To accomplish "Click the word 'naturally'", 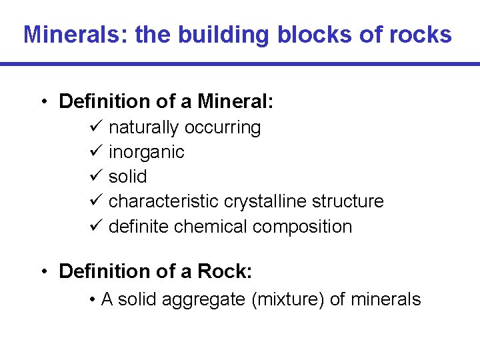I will (x=143, y=127).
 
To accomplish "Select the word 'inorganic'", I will (x=146, y=152).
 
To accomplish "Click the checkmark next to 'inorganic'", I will (x=94, y=152).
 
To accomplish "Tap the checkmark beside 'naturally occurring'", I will (x=94, y=127).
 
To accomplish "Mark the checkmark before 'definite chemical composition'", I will (x=94, y=227).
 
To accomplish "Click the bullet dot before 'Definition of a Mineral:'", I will (x=43, y=102).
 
